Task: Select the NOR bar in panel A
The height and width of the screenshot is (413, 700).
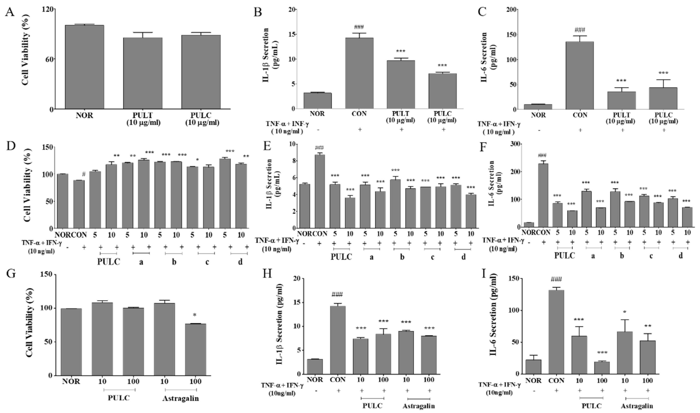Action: click(84, 67)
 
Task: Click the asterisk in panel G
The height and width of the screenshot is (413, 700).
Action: click(195, 315)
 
